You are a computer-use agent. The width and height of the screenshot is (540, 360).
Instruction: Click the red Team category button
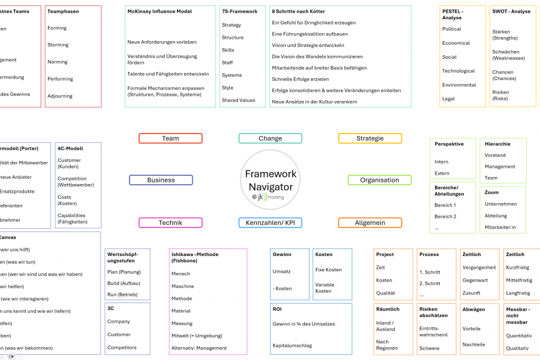tap(170, 138)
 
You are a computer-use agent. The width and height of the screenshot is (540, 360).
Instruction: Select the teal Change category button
tap(270, 138)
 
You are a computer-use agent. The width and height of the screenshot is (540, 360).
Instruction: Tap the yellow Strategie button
tap(370, 138)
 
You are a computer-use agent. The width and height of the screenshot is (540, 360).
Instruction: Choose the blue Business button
tap(161, 180)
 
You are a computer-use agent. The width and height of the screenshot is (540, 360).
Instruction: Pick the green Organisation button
tap(379, 180)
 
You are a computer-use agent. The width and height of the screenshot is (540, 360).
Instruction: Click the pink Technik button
tap(170, 222)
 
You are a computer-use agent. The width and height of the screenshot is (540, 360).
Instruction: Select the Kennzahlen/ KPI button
tap(270, 222)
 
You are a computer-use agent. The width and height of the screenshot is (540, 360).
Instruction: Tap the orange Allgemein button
tap(370, 222)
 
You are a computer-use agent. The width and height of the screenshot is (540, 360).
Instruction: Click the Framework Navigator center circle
tap(271, 180)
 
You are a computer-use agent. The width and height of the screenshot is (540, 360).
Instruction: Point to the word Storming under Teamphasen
tap(58, 45)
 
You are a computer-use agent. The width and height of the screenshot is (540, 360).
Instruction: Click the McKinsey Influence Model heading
tap(160, 12)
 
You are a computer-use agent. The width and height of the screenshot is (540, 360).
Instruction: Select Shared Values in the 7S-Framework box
tap(238, 100)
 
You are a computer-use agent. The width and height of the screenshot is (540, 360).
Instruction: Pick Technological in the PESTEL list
tap(458, 71)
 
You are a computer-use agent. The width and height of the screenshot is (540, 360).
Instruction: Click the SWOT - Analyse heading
tap(511, 12)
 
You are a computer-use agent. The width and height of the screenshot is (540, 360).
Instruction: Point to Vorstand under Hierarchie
tap(495, 155)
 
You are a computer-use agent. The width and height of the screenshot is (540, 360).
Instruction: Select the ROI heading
tap(277, 309)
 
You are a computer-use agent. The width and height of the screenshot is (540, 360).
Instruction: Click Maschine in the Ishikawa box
tap(182, 286)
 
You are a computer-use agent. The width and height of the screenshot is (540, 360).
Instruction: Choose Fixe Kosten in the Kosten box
tap(328, 269)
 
